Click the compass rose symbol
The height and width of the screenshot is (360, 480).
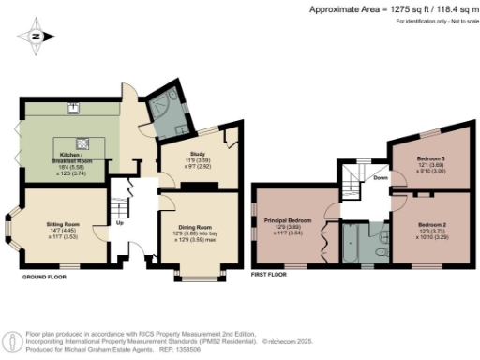coord(35,37)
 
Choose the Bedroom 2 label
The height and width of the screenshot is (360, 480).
coord(432,225)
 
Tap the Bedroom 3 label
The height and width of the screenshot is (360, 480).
coord(430,158)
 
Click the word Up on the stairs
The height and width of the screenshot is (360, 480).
coord(120,223)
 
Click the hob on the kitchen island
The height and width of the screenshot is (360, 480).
coord(83,142)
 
